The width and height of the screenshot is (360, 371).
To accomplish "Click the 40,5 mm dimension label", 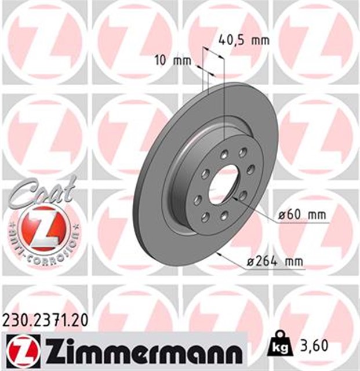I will click(x=244, y=41).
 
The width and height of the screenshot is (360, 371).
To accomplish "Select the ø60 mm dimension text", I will click(x=301, y=214).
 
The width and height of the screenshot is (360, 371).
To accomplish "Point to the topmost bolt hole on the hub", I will click(x=241, y=153).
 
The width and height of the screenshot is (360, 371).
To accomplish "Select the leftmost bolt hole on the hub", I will click(x=199, y=199).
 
